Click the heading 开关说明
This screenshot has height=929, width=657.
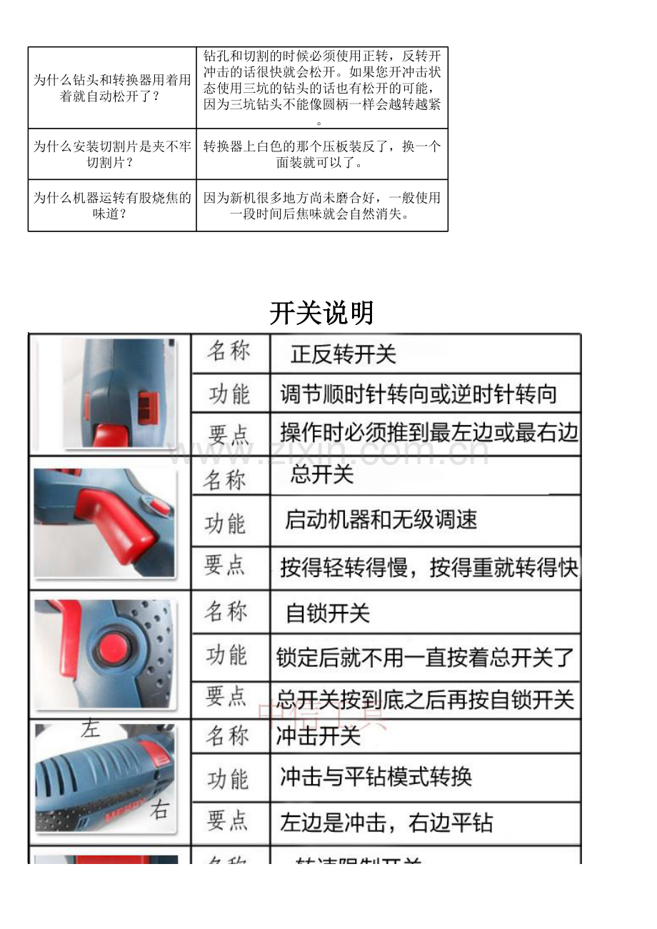(x=321, y=313)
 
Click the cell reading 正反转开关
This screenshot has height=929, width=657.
(x=343, y=354)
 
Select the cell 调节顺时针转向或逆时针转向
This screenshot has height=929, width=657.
(x=418, y=393)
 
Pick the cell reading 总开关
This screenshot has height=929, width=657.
(x=322, y=475)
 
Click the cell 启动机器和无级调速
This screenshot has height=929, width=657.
(x=381, y=519)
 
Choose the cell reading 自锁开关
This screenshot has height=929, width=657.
(x=328, y=613)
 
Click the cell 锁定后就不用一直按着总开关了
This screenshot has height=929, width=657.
(x=425, y=657)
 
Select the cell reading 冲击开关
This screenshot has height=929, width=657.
(x=319, y=736)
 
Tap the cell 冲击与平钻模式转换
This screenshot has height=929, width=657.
(x=376, y=777)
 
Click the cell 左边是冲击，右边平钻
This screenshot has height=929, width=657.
(x=386, y=823)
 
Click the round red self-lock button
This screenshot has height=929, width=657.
(x=114, y=647)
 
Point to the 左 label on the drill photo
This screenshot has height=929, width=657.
(x=90, y=729)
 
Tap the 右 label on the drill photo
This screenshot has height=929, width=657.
(x=159, y=810)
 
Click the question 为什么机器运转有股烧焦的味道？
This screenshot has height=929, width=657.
(x=112, y=206)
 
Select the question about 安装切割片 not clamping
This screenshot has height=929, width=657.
(x=112, y=154)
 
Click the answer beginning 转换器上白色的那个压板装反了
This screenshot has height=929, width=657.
(x=322, y=154)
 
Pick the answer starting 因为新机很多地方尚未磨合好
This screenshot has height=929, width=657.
(x=322, y=206)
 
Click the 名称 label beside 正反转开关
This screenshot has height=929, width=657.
(x=229, y=351)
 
